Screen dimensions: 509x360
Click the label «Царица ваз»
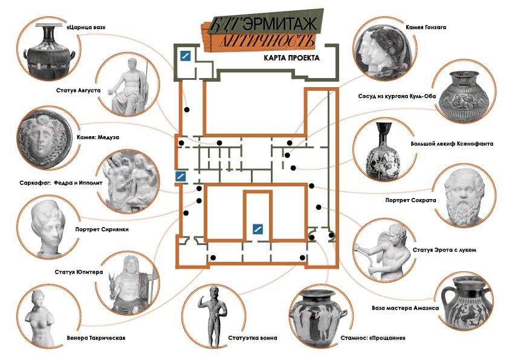tap(86, 27)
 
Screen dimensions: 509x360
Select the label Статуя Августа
tap(78, 90)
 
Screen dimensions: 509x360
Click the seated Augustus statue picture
tap(129, 87)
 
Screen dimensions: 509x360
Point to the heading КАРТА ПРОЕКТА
tap(291, 58)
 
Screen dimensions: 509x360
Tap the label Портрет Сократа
tap(410, 200)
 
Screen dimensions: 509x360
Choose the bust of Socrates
tap(465, 195)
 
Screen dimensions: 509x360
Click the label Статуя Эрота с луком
tap(444, 250)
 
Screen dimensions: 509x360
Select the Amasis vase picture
tap(464, 301)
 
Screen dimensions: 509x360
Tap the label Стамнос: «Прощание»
tap(373, 338)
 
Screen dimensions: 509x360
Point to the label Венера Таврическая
tap(96, 338)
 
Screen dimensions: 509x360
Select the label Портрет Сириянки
tap(102, 229)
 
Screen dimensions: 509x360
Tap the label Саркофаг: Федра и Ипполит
tap(60, 183)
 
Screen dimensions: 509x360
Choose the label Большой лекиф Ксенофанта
tap(452, 143)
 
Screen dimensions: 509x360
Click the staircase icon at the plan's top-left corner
tap(186, 56)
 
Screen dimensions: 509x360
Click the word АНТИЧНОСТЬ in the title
tap(267, 41)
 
